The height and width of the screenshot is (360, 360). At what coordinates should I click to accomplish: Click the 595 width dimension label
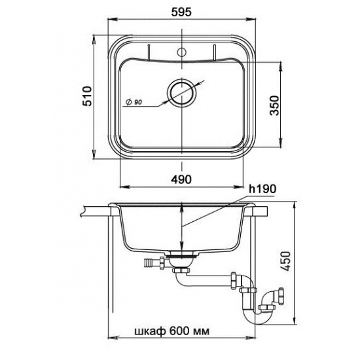pyautogui.click(x=181, y=12)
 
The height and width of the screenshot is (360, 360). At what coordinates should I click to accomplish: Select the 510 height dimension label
pyautogui.click(x=87, y=96)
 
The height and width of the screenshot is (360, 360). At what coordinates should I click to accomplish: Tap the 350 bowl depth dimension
pyautogui.click(x=274, y=105)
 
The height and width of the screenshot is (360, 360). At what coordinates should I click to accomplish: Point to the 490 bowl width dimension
pyautogui.click(x=181, y=179)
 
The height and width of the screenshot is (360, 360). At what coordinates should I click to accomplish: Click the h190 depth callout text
pyautogui.click(x=262, y=189)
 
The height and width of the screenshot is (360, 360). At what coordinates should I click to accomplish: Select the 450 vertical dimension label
pyautogui.click(x=286, y=261)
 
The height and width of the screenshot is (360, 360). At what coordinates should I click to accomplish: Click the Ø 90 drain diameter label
pyautogui.click(x=134, y=102)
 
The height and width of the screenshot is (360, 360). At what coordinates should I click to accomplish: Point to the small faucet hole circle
pyautogui.click(x=182, y=52)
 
